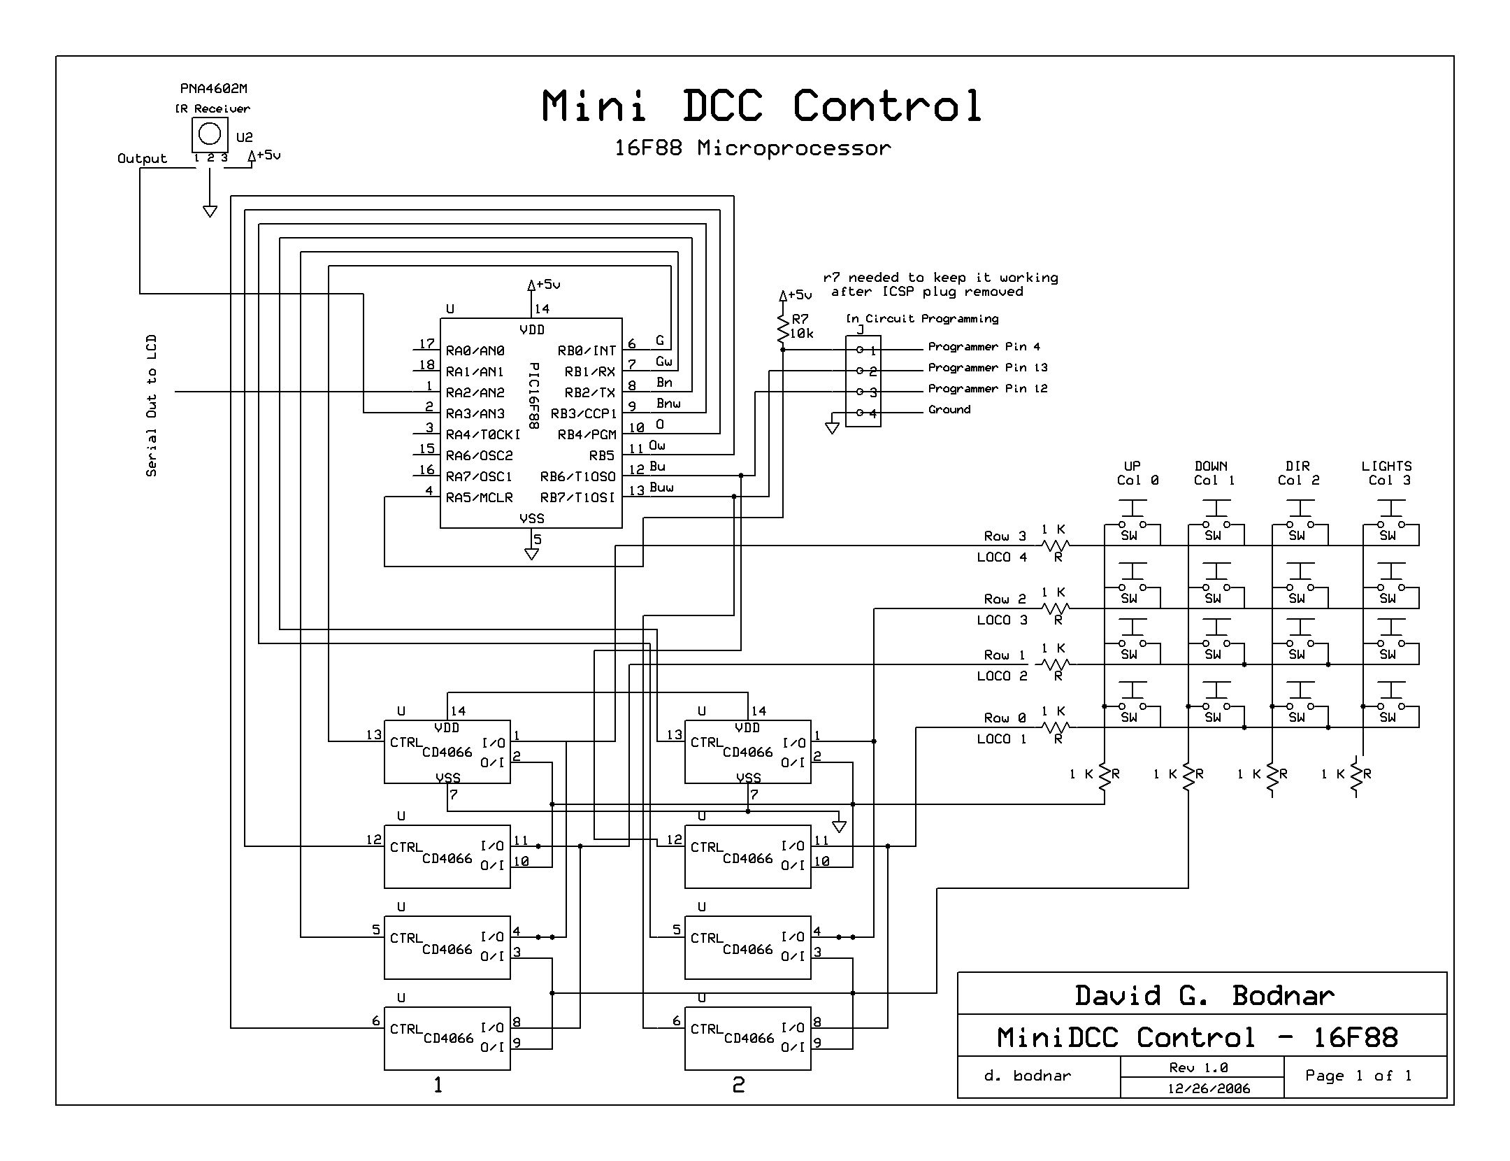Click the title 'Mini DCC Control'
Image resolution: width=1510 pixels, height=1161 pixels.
coord(762,106)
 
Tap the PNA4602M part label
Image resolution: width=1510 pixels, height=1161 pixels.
coord(213,89)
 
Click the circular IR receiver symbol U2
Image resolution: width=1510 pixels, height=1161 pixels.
coord(210,134)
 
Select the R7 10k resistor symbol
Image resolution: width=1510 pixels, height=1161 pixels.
coord(784,328)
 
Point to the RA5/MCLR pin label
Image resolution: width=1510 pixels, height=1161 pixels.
coord(480,497)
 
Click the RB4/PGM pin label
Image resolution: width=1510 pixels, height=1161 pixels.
coord(587,434)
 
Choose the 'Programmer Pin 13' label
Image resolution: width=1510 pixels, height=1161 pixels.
coord(987,368)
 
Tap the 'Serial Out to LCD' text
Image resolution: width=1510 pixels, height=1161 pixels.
coord(152,406)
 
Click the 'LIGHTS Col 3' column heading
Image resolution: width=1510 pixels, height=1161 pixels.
coord(1387,473)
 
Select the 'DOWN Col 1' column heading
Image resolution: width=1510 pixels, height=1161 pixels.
coord(1212,473)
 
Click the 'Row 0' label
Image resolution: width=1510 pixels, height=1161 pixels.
coord(1005,718)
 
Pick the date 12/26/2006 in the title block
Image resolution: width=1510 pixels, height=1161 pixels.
coord(1209,1088)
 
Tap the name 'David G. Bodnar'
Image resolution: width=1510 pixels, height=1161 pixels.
coord(1204,995)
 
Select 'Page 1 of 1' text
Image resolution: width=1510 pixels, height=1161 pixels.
coord(1358,1076)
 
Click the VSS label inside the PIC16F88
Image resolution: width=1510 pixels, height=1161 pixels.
coord(531,518)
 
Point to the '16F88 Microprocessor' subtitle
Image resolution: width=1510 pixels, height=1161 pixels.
coord(753,148)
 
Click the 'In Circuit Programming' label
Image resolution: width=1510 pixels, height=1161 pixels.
coord(922,319)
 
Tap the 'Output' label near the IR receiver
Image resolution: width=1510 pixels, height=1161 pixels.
coord(142,159)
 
